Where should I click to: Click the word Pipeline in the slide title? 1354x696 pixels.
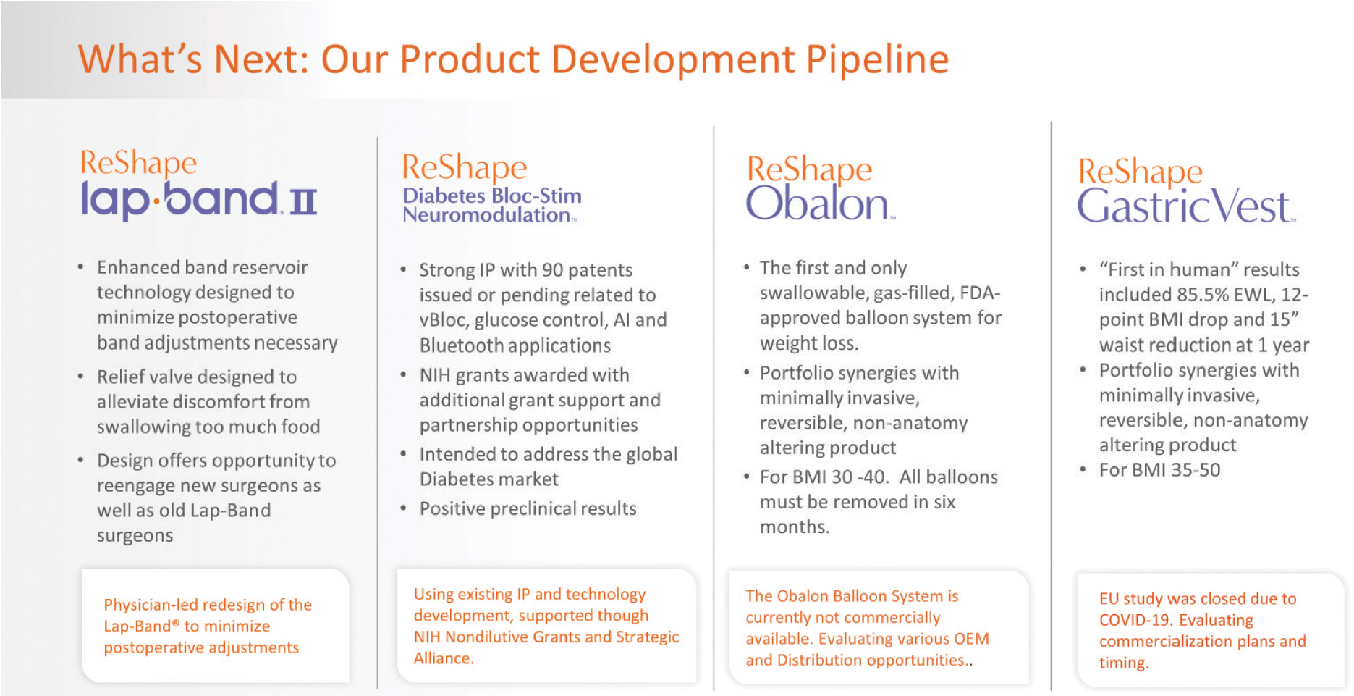click(877, 59)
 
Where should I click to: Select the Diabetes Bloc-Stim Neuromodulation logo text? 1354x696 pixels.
click(491, 205)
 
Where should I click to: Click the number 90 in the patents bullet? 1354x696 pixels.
click(553, 270)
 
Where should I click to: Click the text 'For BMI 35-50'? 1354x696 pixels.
click(1159, 470)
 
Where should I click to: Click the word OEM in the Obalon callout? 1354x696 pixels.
click(971, 639)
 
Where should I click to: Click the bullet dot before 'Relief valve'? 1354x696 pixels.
click(80, 377)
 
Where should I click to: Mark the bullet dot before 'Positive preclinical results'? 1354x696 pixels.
click(403, 508)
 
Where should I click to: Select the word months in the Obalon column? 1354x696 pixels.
click(795, 527)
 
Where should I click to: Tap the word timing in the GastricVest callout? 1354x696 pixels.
click(1123, 663)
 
